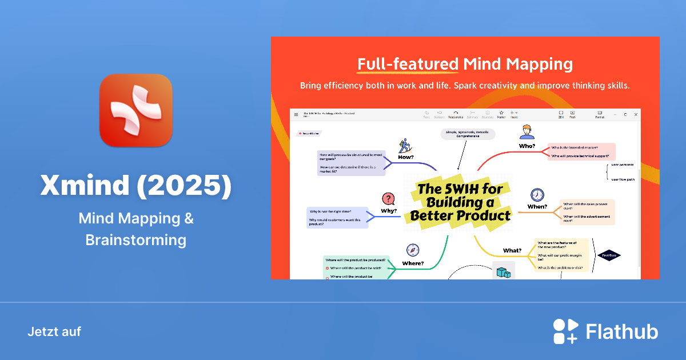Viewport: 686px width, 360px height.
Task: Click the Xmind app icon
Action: (x=135, y=110)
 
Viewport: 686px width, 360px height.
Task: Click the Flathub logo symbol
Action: (x=565, y=331)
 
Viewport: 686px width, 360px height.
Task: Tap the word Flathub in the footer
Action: (x=622, y=332)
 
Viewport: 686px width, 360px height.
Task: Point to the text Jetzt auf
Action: (x=54, y=331)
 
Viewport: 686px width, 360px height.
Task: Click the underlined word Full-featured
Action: (x=408, y=64)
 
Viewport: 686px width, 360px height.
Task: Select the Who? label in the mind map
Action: (x=527, y=146)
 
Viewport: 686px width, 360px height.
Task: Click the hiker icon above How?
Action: (x=406, y=145)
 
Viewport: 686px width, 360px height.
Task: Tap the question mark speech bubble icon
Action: (x=389, y=199)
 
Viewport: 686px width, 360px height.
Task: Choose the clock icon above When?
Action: (x=537, y=195)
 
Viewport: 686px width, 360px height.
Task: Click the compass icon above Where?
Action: (x=413, y=250)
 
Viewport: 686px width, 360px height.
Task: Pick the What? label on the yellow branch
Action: (x=512, y=250)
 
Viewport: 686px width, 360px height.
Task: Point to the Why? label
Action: (x=389, y=211)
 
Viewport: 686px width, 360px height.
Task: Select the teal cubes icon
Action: (x=503, y=272)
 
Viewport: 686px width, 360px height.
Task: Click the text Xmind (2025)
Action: (x=135, y=186)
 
